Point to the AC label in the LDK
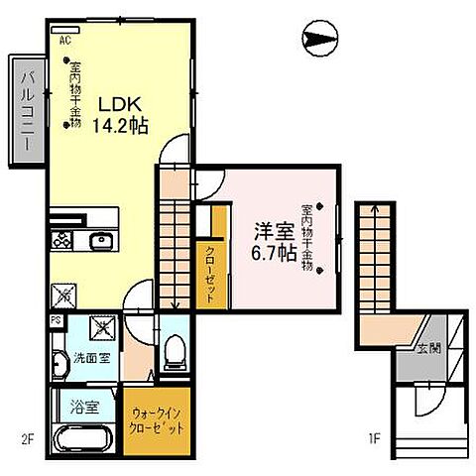(63, 42)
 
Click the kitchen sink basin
(100, 241)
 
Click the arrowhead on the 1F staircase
(374, 209)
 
